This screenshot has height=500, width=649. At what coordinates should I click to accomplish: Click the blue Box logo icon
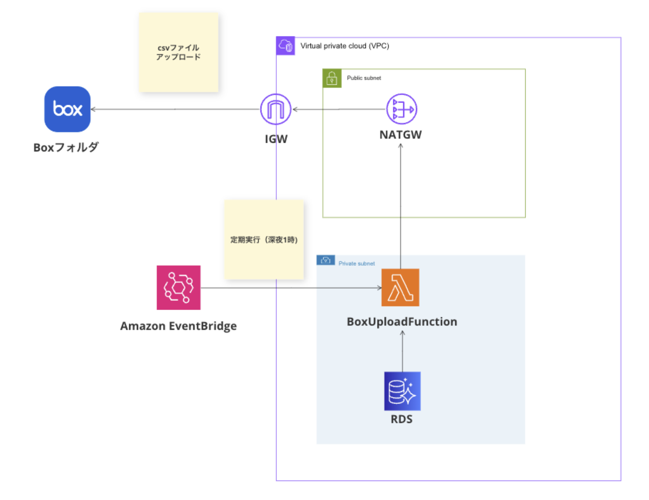67,109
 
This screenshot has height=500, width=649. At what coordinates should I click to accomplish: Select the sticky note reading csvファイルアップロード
178,52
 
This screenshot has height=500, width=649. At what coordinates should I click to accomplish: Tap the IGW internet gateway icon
276,109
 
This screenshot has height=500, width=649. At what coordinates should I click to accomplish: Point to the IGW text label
276,139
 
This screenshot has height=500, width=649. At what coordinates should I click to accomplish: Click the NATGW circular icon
401,109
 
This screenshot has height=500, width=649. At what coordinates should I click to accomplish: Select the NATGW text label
401,135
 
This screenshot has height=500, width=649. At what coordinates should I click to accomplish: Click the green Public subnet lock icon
332,78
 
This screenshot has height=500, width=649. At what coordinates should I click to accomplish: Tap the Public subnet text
364,78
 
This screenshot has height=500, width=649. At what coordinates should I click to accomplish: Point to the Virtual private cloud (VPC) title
344,46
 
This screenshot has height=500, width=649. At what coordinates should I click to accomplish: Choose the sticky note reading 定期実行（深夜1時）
264,240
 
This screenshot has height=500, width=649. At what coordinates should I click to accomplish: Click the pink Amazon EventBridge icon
178,288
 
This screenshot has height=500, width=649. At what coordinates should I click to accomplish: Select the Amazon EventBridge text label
178,326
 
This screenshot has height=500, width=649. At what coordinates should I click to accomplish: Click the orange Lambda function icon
400,288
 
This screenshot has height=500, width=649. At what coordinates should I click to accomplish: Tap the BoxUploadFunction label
402,322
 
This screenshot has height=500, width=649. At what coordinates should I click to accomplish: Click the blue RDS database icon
402,391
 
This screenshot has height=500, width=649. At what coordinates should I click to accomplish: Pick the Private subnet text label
356,263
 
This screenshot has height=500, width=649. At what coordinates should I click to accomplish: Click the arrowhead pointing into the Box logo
94,109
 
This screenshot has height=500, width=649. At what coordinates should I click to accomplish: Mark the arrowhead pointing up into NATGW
401,146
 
